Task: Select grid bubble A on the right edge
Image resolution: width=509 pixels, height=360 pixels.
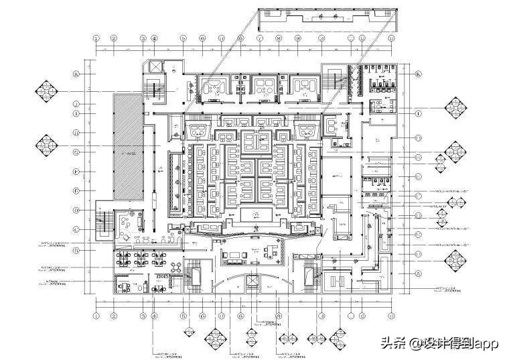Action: (x=418, y=274)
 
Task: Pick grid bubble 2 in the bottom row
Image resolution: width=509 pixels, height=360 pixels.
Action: (x=114, y=315)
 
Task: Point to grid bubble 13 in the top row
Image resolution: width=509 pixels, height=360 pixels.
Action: (x=382, y=39)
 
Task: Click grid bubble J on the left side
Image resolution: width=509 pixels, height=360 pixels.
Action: (x=77, y=104)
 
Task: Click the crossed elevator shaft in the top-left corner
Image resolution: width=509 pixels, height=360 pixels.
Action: (x=154, y=67)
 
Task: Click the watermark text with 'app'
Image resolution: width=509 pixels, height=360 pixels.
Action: (x=440, y=343)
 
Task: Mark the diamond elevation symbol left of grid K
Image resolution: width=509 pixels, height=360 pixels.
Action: (x=46, y=91)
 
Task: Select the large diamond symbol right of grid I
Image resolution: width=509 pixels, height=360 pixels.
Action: (x=456, y=107)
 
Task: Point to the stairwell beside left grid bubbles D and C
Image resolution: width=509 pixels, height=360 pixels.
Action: (x=104, y=222)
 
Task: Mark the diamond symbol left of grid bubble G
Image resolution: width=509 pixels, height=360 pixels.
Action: (x=46, y=143)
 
